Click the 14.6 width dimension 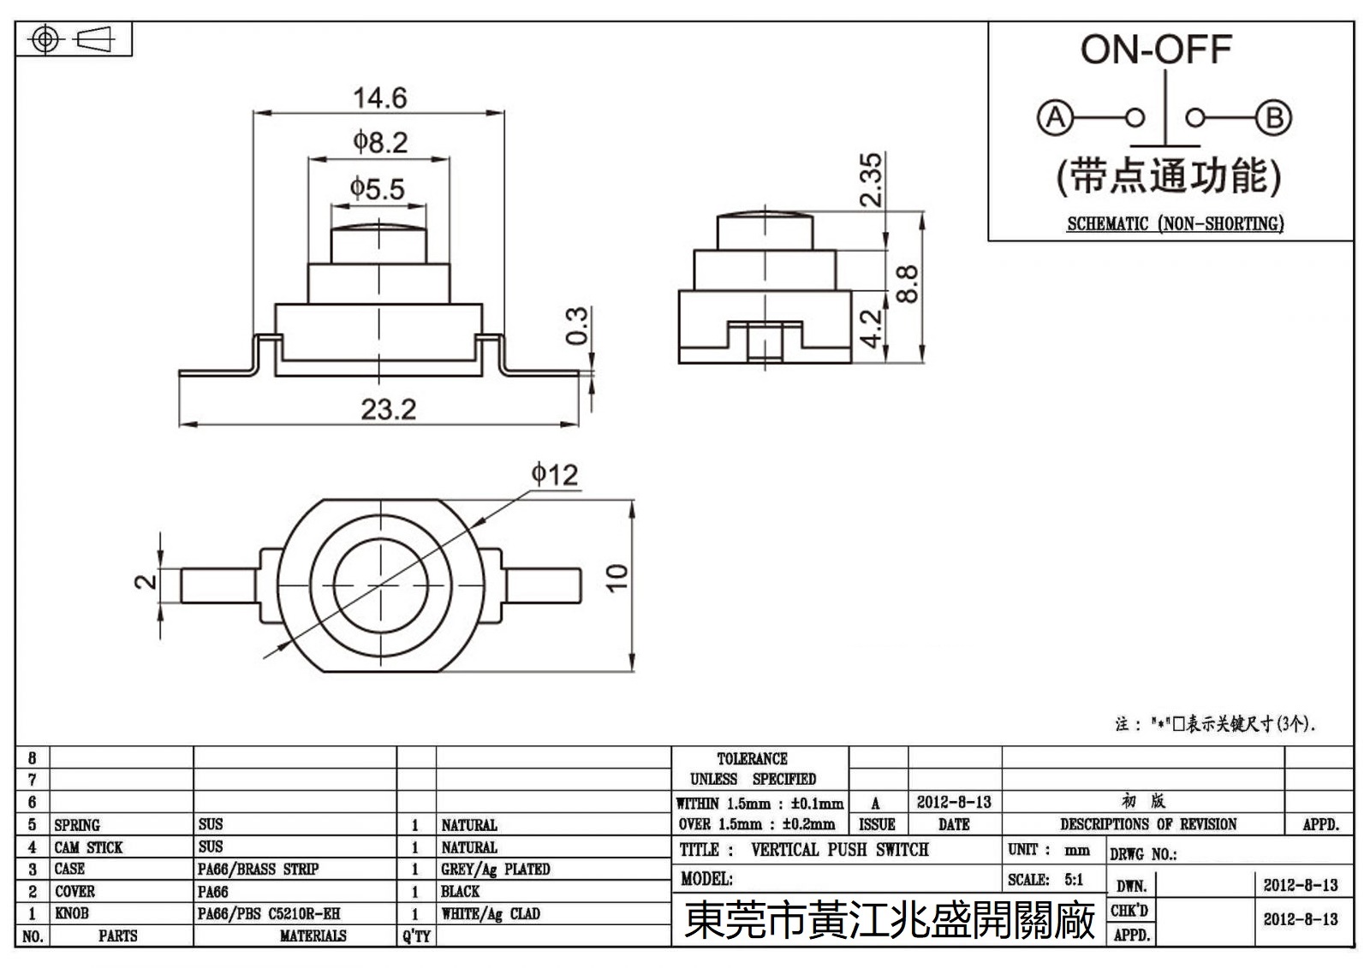[x=380, y=98]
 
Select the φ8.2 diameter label [x=380, y=142]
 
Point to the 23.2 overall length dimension [x=388, y=410]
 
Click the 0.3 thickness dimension [x=579, y=325]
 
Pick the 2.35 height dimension [x=871, y=180]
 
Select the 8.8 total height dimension [x=908, y=284]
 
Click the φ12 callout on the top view [x=555, y=473]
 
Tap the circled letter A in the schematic [x=1055, y=117]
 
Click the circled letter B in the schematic [x=1273, y=117]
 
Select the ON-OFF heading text [x=1155, y=50]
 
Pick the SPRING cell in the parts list [x=77, y=825]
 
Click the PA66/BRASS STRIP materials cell [x=258, y=870]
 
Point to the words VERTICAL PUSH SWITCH [x=839, y=850]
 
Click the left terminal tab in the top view [x=218, y=586]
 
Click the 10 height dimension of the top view [x=617, y=578]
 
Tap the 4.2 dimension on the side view [x=871, y=328]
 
